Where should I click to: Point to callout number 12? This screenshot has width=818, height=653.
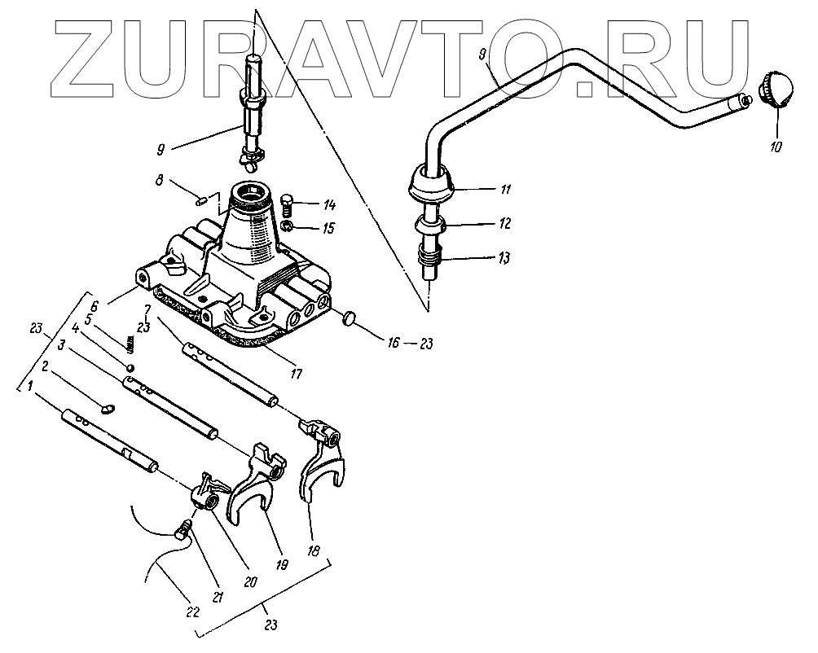pyautogui.click(x=504, y=221)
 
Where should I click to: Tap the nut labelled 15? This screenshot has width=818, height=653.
pyautogui.click(x=287, y=226)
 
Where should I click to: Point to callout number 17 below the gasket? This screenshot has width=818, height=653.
pyautogui.click(x=295, y=375)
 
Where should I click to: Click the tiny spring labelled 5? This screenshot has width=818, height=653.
pyautogui.click(x=130, y=347)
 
